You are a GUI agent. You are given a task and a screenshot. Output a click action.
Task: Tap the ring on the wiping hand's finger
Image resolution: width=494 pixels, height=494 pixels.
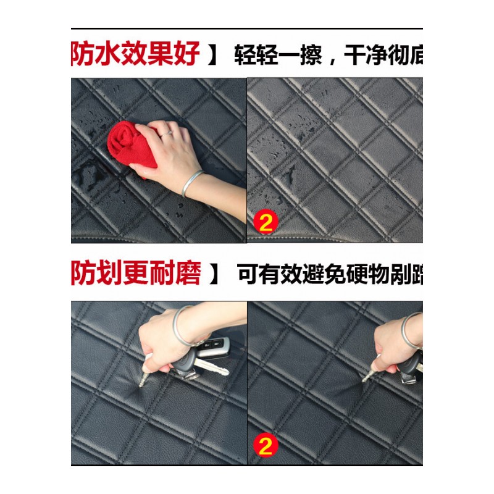(166, 133)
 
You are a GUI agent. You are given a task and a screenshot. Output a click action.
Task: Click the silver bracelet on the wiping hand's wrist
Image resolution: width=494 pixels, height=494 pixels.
(192, 183)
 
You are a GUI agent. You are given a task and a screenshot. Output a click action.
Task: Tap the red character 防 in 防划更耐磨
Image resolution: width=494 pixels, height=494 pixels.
(85, 274)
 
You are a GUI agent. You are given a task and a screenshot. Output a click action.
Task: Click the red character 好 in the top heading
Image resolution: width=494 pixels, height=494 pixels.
(186, 54)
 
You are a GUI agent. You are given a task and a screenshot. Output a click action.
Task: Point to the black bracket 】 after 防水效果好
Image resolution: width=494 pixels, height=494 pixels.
(213, 55)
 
